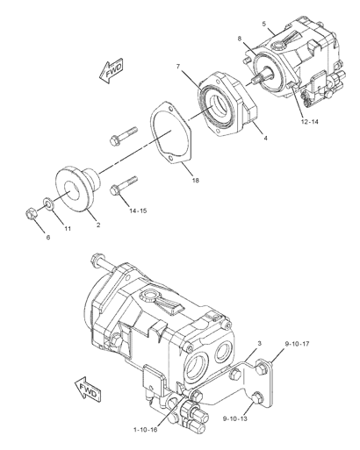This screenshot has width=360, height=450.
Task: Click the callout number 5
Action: pos(264,24)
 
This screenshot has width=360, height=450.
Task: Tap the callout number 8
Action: pos(240,39)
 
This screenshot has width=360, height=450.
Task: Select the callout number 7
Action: pos(178,67)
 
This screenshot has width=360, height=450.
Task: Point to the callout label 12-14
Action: pos(309,122)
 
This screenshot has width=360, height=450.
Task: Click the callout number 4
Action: pos(265,138)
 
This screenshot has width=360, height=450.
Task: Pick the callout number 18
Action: pos(196,181)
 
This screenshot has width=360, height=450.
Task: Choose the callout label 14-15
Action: pos(138,211)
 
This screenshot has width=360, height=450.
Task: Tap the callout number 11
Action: pos(68,229)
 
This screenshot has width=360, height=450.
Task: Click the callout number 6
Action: pos(48,237)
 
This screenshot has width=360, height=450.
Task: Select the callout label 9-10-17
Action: pos(297,344)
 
